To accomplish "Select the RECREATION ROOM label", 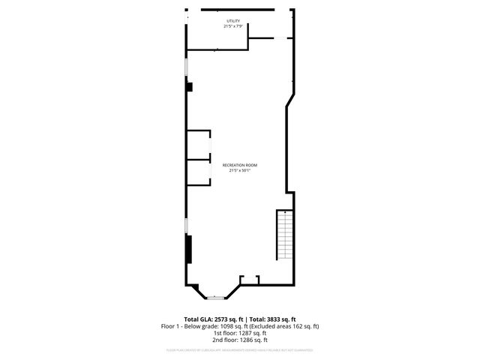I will pyautogui.click(x=240, y=165).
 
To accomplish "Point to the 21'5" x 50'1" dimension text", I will pyautogui.click(x=240, y=170).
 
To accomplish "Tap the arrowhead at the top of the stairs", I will pyautogui.click(x=285, y=213).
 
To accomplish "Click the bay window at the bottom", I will pyautogui.click(x=216, y=297).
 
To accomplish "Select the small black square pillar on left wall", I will pyautogui.click(x=190, y=87).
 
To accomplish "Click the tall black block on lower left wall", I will pyautogui.click(x=190, y=249).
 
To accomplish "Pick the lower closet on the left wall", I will pyautogui.click(x=199, y=172).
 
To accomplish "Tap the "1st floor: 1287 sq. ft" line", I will pyautogui.click(x=240, y=333).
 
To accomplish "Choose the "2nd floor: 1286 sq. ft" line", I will pyautogui.click(x=240, y=340).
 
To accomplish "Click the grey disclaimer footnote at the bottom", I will pyautogui.click(x=240, y=350).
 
